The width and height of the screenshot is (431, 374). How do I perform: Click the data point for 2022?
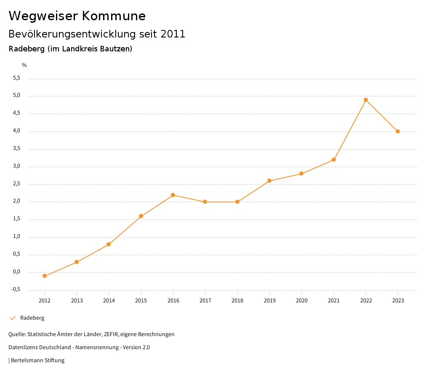pyautogui.click(x=366, y=100)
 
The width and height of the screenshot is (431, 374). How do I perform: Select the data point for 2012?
pyautogui.click(x=45, y=276)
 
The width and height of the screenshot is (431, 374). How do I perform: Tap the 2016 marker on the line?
pyautogui.click(x=173, y=195)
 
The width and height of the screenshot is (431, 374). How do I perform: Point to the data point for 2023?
pyautogui.click(x=398, y=131)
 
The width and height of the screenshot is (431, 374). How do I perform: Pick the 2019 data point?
pyautogui.click(x=269, y=181)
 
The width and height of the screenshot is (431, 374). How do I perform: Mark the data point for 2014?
pyautogui.click(x=109, y=244)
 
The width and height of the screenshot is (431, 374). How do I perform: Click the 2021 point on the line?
pyautogui.click(x=334, y=160)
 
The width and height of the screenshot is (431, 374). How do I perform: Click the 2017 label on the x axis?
pyautogui.click(x=205, y=301)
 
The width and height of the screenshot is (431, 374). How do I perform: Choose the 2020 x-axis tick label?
pyautogui.click(x=301, y=301)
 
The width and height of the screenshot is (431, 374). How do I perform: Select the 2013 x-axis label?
pyautogui.click(x=77, y=301)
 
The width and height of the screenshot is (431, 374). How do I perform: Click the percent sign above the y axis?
pyautogui.click(x=24, y=65)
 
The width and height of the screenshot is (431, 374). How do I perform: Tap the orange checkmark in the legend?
pyautogui.click(x=13, y=318)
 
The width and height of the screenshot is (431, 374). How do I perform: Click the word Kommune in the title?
pyautogui.click(x=114, y=16)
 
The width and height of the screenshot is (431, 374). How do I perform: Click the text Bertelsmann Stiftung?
pyautogui.click(x=37, y=361)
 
